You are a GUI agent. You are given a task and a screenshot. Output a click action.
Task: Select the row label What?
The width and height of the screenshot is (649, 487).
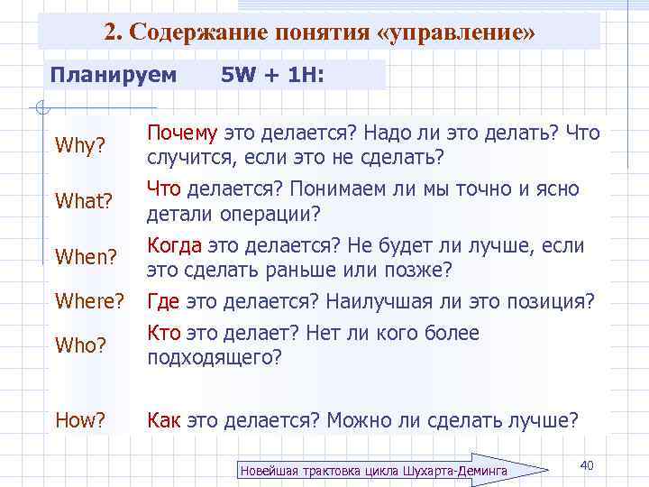coord(83,202)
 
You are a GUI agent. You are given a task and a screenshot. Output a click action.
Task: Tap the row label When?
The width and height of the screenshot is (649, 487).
coord(85,258)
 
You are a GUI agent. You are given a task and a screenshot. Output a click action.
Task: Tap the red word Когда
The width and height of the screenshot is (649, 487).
coord(175,246)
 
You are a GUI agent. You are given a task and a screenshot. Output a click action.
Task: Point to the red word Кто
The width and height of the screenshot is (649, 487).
coord(161,334)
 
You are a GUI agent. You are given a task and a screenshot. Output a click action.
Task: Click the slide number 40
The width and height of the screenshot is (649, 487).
coord(586,464)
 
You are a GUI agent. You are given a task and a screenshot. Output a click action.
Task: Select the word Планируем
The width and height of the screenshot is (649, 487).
coord(114,74)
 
